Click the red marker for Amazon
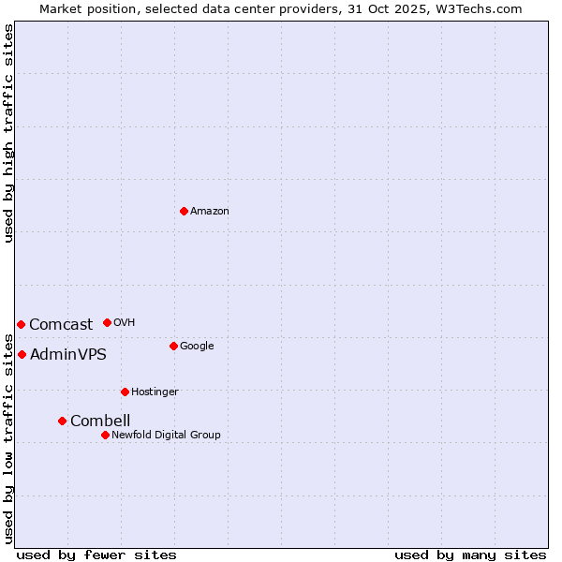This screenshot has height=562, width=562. click(184, 211)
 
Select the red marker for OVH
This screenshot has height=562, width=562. click(107, 322)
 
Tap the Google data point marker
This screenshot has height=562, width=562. click(173, 346)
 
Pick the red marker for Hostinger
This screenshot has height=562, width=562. click(125, 392)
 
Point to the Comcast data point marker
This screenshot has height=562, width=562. click(21, 324)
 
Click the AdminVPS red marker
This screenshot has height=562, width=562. click(22, 354)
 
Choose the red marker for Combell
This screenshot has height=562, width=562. click(62, 421)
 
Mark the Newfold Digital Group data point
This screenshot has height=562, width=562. click(105, 435)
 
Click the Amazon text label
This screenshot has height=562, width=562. click(210, 212)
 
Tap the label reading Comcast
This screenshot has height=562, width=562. click(61, 325)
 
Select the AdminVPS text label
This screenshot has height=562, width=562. click(68, 355)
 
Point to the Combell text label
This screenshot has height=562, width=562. click(100, 421)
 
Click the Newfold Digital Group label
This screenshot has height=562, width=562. click(167, 435)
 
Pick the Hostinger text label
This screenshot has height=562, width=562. click(155, 392)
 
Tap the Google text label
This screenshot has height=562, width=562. click(197, 347)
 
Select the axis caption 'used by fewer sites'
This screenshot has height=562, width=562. click(96, 555)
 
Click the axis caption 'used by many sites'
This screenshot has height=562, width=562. click(470, 555)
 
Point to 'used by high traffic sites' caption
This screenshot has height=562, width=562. click(8, 133)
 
